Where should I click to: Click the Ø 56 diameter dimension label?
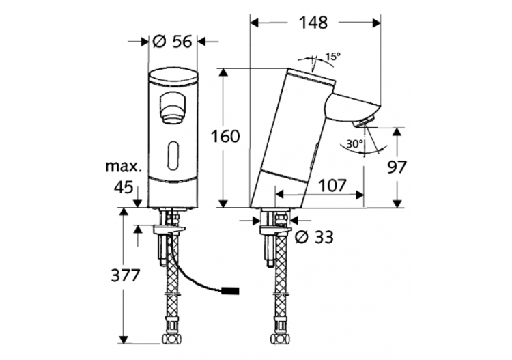click(x=173, y=42)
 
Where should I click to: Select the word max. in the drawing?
click(x=124, y=166)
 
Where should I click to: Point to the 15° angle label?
click(x=332, y=57)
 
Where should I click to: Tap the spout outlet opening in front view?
click(x=173, y=107)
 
